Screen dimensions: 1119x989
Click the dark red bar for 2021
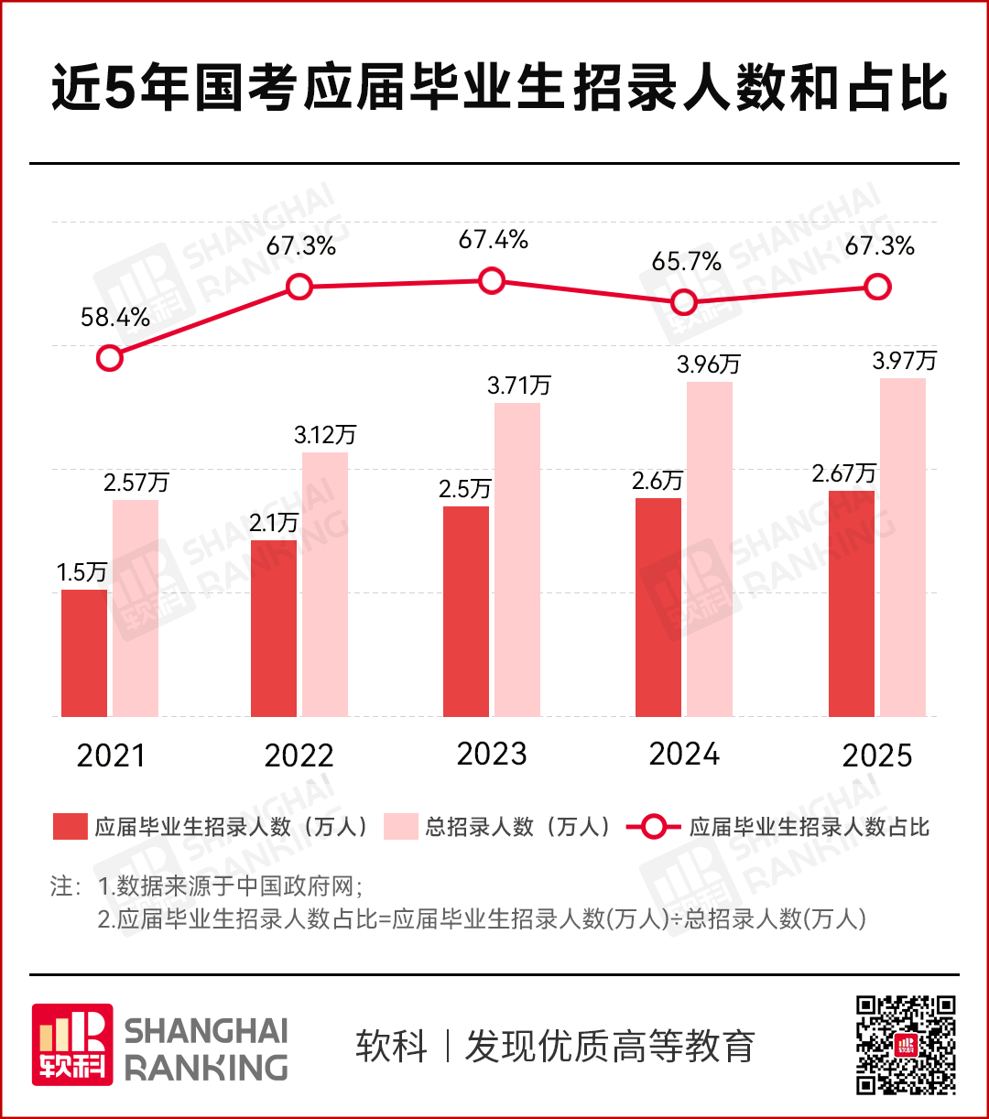(x=84, y=652)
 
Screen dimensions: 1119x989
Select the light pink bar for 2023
(x=517, y=559)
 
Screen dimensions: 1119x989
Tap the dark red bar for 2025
(x=851, y=603)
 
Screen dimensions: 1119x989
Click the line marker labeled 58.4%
(x=109, y=357)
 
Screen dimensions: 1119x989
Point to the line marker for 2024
(x=683, y=302)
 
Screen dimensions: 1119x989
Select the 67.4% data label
(x=493, y=240)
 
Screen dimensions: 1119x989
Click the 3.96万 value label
(x=708, y=364)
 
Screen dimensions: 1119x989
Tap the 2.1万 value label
(x=273, y=523)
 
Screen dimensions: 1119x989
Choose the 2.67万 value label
(x=843, y=473)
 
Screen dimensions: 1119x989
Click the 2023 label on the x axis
(x=492, y=754)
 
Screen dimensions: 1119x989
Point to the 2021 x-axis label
(x=111, y=755)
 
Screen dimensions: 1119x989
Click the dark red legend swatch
(x=70, y=827)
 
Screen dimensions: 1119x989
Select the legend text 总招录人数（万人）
(x=518, y=827)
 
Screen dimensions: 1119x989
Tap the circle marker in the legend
(x=654, y=827)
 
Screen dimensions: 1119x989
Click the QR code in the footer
(x=906, y=1045)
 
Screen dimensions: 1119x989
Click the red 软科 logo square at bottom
(x=72, y=1045)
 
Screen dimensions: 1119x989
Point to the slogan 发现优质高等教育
(x=610, y=1046)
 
